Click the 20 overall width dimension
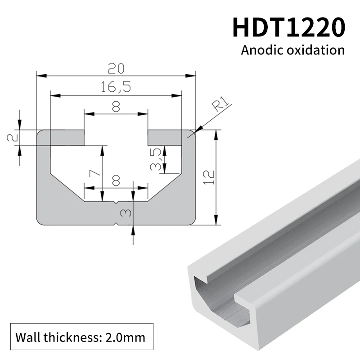pos(116,68)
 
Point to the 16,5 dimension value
pos(116,87)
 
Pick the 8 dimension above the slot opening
pos(116,107)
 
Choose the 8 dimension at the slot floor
pos(116,180)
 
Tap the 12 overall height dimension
pos(207,178)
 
